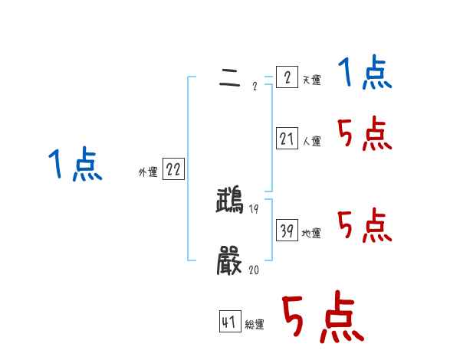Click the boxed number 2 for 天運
tap(286, 78)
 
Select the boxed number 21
tap(286, 139)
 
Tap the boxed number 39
tap(286, 230)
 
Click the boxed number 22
tap(173, 170)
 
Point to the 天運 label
tap(311, 80)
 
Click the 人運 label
tap(311, 141)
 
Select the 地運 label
tap(311, 233)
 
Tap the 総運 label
tap(255, 325)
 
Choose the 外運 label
tap(147, 172)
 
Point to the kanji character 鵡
tap(230, 201)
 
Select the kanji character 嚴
tap(230, 262)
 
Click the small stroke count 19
tap(254, 209)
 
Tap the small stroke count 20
tap(254, 270)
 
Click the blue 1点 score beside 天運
tap(365, 74)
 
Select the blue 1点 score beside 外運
tap(75, 165)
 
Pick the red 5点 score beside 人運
tap(365, 135)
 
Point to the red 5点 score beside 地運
tap(365, 226)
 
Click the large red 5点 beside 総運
tap(322, 317)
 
